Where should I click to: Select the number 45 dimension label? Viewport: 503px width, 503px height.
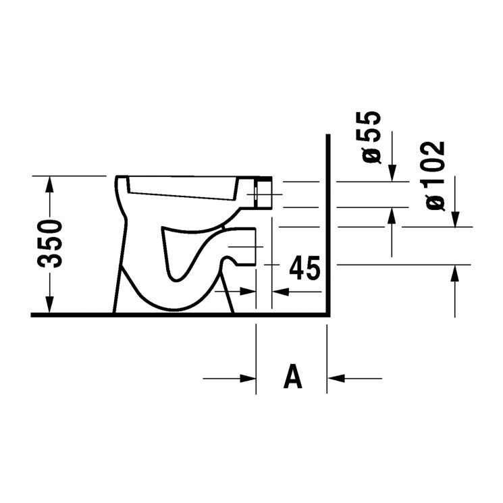(303, 269)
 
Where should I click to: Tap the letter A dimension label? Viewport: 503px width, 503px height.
(292, 377)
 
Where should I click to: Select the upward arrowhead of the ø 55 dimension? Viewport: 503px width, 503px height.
(392, 215)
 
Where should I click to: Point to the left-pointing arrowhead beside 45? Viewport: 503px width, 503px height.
(278, 292)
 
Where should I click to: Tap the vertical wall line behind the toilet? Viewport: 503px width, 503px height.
(327, 223)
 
